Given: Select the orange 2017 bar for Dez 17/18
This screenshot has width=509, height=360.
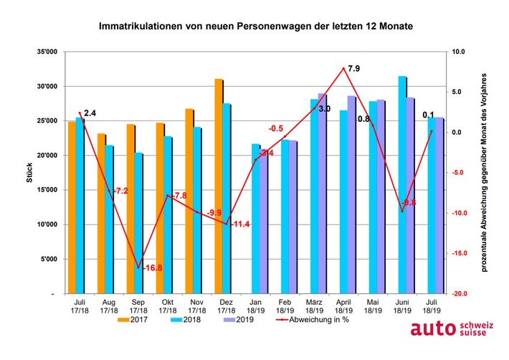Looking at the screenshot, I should coord(217,186).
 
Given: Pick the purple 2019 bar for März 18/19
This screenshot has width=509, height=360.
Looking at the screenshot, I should coord(322,193).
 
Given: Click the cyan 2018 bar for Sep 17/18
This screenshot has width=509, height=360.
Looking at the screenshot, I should coord(138,223).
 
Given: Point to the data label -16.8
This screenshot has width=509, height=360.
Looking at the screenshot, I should coord(152,267).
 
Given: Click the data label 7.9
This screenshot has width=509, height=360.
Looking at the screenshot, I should coord(353,69).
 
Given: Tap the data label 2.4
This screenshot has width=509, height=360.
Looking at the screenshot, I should coord(90,113).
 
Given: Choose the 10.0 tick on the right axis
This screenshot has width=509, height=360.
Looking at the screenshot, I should coord(458,52).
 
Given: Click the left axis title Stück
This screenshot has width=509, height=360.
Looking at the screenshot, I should coord(29,173).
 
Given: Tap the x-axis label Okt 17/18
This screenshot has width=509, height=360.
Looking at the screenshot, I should coord(167,305).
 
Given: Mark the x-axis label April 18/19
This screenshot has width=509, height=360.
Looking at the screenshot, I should coord(343,305).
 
